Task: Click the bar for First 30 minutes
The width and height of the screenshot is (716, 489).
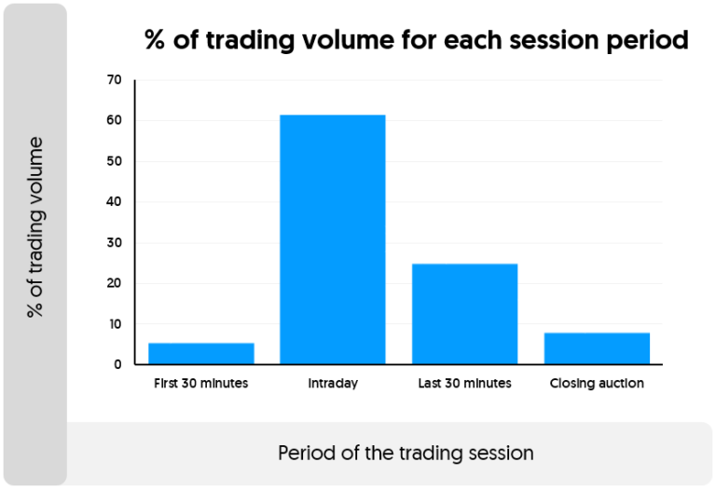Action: point(201,353)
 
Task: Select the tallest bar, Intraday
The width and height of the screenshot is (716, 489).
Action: point(333,239)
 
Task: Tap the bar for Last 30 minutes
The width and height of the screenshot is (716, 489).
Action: point(465,314)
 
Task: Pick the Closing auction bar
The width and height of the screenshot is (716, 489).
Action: point(597,348)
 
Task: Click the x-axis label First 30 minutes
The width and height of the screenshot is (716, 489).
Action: point(201,383)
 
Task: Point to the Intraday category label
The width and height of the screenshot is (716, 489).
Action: point(333,383)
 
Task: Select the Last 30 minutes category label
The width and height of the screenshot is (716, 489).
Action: point(465,383)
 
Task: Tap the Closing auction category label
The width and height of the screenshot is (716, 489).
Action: point(597,383)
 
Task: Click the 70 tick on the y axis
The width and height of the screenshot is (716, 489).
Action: point(115,80)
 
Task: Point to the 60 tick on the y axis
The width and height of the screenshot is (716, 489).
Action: point(115,121)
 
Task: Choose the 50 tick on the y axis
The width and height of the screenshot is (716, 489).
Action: point(115,161)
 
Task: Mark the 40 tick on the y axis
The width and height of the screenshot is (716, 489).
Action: point(115,202)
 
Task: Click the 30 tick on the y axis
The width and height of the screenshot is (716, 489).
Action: point(115,243)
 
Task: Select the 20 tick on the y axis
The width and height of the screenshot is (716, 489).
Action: point(115,283)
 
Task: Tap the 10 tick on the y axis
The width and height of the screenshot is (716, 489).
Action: point(115,324)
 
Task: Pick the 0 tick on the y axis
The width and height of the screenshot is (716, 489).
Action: point(117,365)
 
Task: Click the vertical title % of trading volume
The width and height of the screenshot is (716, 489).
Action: point(35,227)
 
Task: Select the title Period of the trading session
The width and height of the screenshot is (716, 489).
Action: point(406,454)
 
